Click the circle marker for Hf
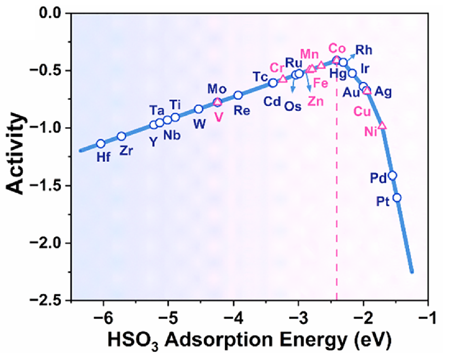point(101,143)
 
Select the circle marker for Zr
point(122,136)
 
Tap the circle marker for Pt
point(397,197)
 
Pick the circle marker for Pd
point(392,175)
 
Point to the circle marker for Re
point(238,95)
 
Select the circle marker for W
point(198,109)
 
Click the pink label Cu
point(362,111)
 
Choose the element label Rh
point(364,49)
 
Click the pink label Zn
point(316,101)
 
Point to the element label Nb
point(172,135)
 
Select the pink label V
point(219,117)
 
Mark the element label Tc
point(261,76)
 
